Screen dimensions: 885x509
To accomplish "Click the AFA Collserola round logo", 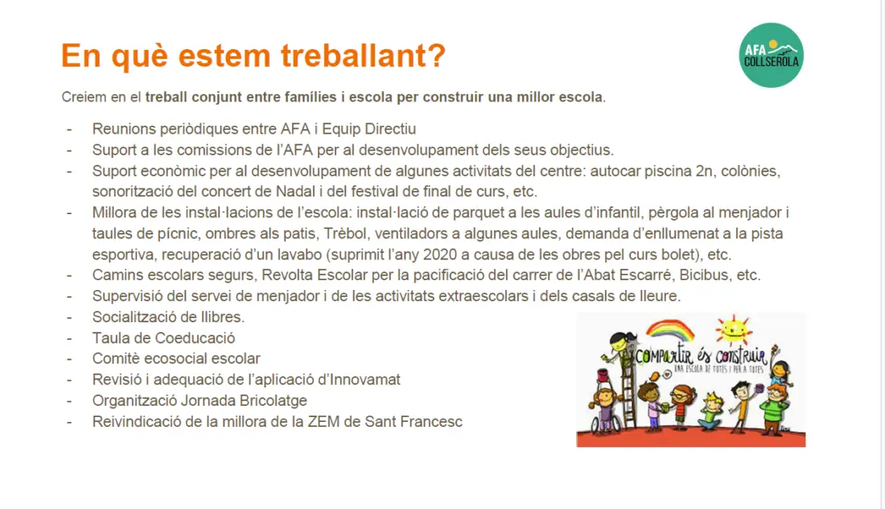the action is click(771, 55).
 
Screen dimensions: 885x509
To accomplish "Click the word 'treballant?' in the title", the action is click(363, 56).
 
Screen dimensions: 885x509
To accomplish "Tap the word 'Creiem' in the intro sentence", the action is click(84, 97).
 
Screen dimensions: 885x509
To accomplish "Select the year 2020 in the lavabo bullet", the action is click(439, 254).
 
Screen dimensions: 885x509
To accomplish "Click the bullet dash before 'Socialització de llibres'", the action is click(69, 317).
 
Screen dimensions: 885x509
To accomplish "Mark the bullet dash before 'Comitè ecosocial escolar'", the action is click(69, 358).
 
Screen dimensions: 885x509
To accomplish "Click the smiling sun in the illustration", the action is click(733, 330).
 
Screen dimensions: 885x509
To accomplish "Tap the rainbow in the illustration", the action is click(669, 330).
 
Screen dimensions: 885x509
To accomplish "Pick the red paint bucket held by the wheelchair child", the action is click(603, 375).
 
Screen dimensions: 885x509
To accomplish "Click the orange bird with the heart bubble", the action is click(655, 375).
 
